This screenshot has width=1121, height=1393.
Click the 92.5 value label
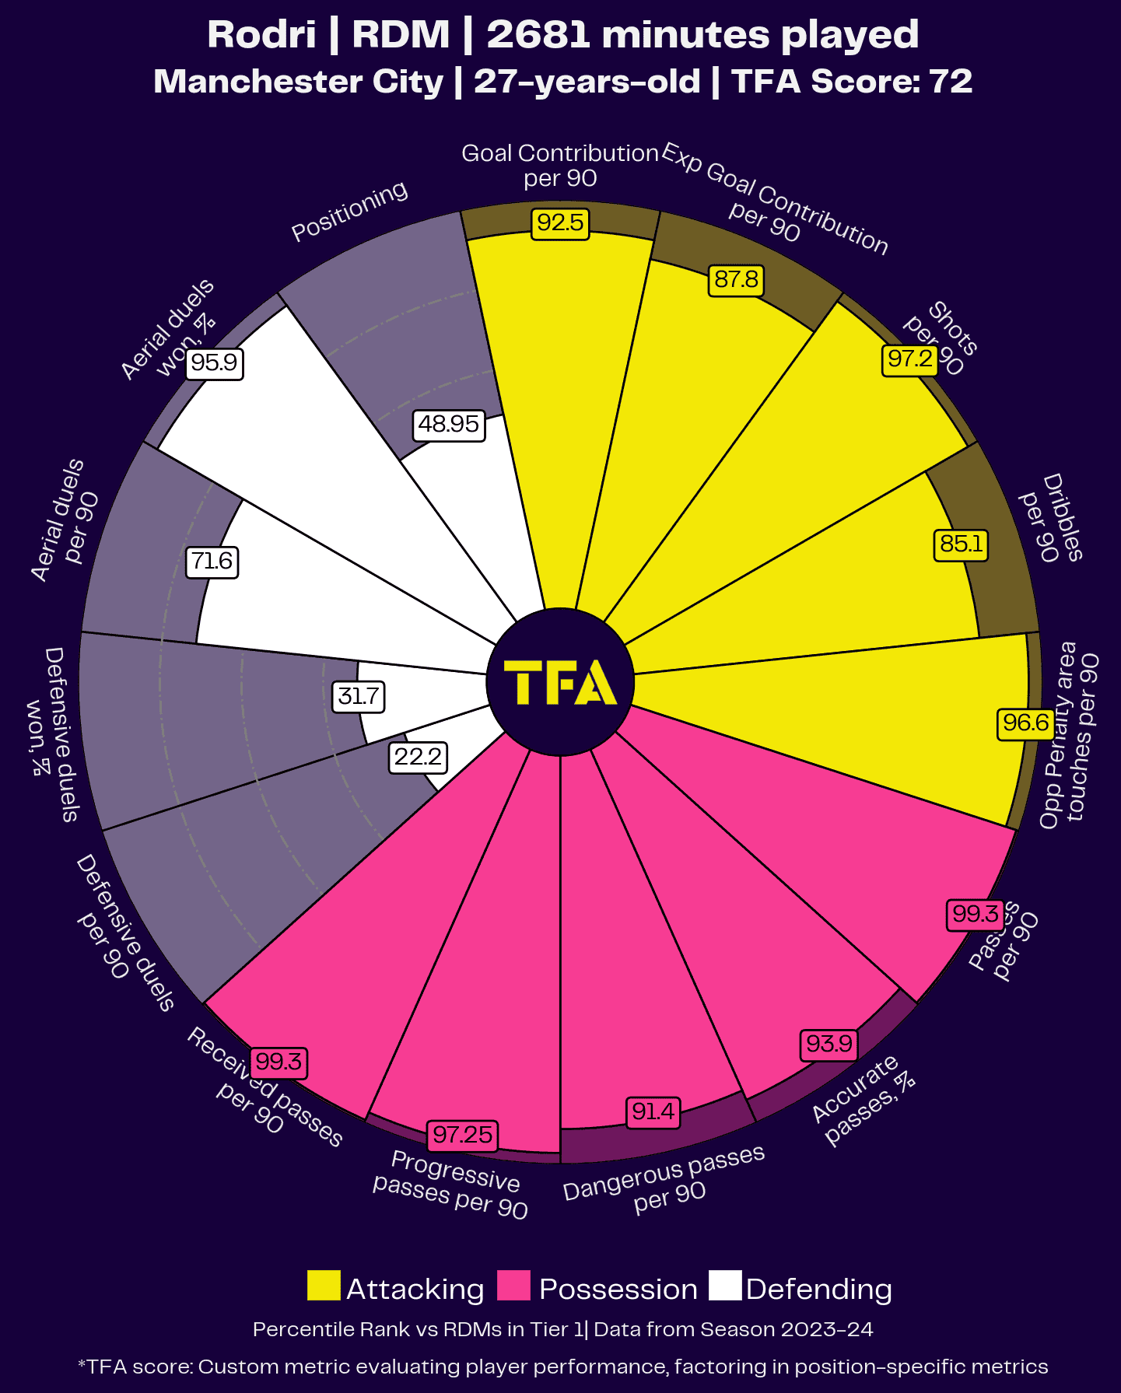[x=560, y=223]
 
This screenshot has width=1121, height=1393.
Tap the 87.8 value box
[x=736, y=279]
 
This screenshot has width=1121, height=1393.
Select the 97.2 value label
[x=910, y=359]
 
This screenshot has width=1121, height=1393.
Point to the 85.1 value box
[x=962, y=544]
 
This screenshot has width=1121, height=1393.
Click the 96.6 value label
[x=1025, y=723]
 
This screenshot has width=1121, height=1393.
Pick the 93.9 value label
[x=828, y=1044]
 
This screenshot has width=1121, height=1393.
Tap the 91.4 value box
[x=653, y=1112]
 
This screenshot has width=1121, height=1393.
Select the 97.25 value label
[x=462, y=1135]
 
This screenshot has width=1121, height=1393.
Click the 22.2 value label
[x=418, y=757]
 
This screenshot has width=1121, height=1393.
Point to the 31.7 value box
[x=358, y=695]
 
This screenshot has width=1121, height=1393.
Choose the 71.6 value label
[x=212, y=562]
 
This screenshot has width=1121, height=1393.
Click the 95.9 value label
[x=215, y=363]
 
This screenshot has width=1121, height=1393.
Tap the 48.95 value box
[x=449, y=425]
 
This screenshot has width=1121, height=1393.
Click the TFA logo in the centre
[x=560, y=682]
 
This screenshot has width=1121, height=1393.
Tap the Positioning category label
[x=349, y=211]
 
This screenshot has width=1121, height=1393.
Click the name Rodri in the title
[x=261, y=35]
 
